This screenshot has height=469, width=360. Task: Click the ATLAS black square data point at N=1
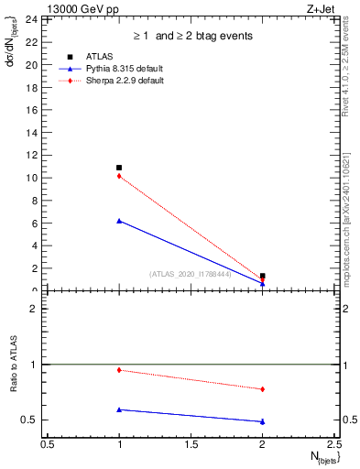[x=119, y=168]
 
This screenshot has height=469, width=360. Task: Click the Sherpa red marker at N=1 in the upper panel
[x=119, y=176]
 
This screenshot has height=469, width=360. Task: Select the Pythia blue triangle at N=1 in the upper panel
[x=119, y=221]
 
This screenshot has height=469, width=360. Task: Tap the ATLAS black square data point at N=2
[x=263, y=276]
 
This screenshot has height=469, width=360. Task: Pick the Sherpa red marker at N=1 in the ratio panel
[x=119, y=370]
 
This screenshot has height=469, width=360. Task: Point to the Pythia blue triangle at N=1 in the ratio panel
[x=119, y=409]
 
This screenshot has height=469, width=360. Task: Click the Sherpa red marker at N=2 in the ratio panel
[x=263, y=389]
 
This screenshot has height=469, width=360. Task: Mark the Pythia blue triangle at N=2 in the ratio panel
[x=263, y=421]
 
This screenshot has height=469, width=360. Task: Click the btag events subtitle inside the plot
[x=191, y=36]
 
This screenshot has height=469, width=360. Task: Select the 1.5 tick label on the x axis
[x=191, y=445]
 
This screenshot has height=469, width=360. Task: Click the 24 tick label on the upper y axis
[x=31, y=19]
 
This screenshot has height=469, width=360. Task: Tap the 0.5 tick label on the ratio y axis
[x=29, y=420]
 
